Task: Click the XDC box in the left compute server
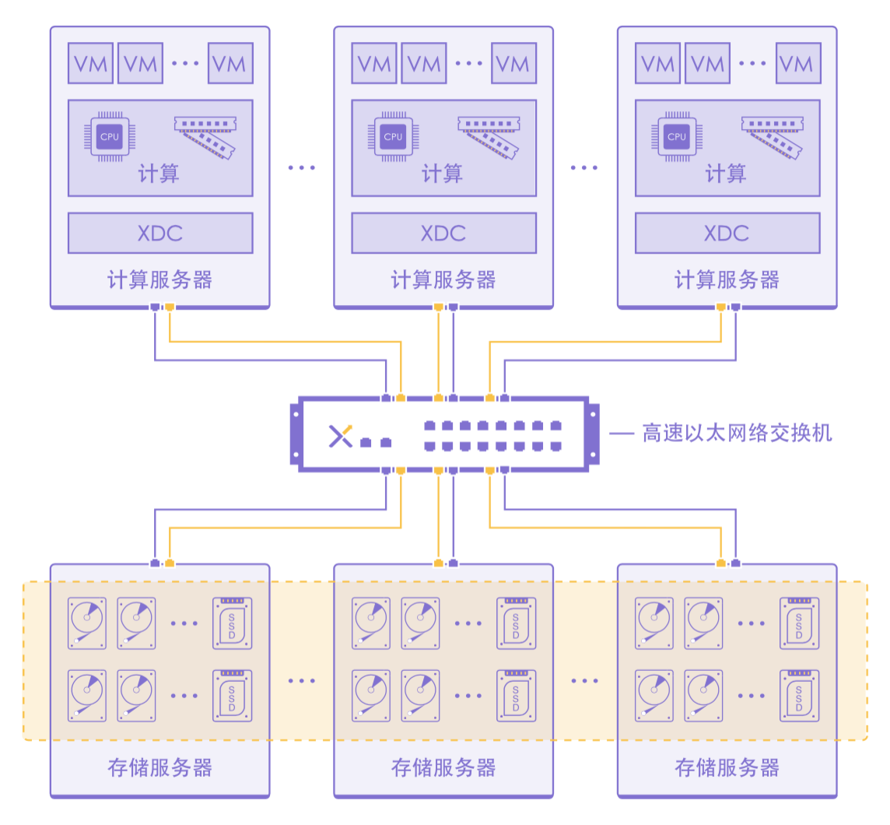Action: point(160,233)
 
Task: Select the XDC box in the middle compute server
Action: point(443,233)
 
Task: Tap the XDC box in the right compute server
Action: point(727,233)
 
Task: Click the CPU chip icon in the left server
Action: point(110,137)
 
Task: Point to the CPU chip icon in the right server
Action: point(677,137)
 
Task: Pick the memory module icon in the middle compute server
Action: point(488,137)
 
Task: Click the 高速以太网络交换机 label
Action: point(737,433)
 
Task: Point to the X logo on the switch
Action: point(340,437)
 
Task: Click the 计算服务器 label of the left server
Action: point(159,280)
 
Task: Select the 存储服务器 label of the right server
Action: point(727,768)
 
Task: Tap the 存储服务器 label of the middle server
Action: point(443,768)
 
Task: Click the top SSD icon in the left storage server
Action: point(233,623)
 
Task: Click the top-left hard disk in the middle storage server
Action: point(370,623)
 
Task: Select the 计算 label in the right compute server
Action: point(727,174)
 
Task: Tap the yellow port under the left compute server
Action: point(170,307)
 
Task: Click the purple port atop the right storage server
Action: point(736,563)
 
